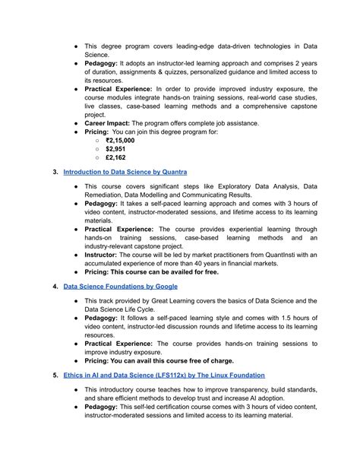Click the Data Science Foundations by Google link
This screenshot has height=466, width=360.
tap(120, 286)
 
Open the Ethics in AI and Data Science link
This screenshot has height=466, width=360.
tap(163, 375)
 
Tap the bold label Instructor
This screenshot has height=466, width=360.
tap(106, 256)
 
